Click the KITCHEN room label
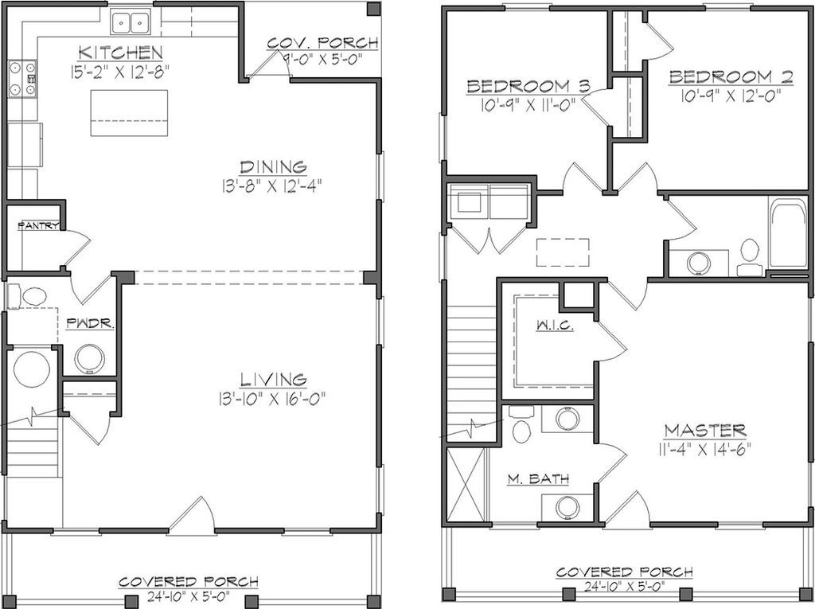tap(121, 53)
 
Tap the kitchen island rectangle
tap(129, 113)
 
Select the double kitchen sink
tap(131, 22)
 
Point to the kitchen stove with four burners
tap(22, 79)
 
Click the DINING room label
tap(273, 167)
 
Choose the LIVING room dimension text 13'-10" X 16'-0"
tap(272, 399)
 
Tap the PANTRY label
tap(38, 226)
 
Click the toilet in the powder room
tap(28, 297)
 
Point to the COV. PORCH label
tap(323, 43)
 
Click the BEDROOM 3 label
tap(528, 86)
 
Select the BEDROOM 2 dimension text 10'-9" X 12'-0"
tap(731, 96)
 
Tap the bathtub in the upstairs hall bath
tap(788, 233)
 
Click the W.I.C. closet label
tap(555, 326)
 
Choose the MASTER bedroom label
tap(705, 431)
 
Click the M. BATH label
tap(538, 478)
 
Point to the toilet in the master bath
tap(521, 424)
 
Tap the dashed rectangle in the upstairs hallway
tap(563, 252)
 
